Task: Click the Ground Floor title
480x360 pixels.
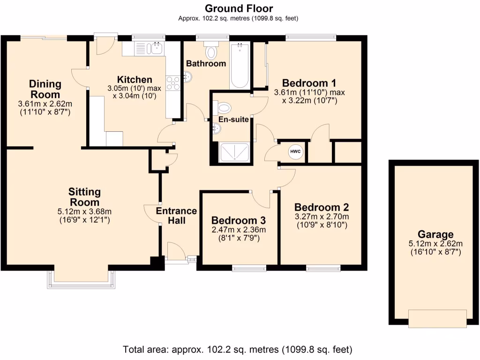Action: (x=239, y=8)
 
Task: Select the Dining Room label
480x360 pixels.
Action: (x=45, y=89)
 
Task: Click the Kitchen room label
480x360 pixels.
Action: (x=135, y=80)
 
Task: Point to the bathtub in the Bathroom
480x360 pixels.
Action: (x=240, y=66)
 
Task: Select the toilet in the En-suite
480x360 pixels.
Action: (x=224, y=108)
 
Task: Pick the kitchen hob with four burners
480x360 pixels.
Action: (x=173, y=83)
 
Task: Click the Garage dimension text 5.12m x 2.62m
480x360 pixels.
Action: (x=435, y=243)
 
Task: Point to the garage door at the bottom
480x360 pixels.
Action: (x=437, y=318)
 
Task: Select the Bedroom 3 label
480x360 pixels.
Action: (x=239, y=220)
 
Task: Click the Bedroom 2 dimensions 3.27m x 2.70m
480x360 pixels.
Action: (x=322, y=217)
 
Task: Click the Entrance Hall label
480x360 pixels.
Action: (x=176, y=216)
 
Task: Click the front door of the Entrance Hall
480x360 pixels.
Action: (x=176, y=252)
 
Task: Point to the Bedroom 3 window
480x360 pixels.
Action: (x=249, y=268)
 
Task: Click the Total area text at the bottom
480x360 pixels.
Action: (x=238, y=349)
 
